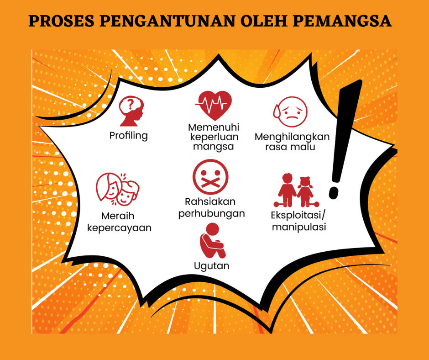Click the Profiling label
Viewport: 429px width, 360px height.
(128, 136)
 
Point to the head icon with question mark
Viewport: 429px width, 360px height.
(131, 111)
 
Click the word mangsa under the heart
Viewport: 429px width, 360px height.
(214, 147)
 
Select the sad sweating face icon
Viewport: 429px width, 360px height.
(291, 112)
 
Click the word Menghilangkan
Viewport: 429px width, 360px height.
(292, 137)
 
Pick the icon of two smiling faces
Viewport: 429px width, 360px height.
(118, 189)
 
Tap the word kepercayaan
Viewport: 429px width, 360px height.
(119, 228)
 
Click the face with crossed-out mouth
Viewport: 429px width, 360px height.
(210, 177)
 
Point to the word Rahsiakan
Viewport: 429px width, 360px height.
(210, 201)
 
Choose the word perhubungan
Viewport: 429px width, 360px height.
(211, 214)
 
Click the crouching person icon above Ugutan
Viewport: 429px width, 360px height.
(212, 241)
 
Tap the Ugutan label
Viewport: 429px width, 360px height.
(211, 266)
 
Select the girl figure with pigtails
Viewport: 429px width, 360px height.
(305, 191)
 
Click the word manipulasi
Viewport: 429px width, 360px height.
(299, 227)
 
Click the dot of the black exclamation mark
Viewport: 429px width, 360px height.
(334, 193)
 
